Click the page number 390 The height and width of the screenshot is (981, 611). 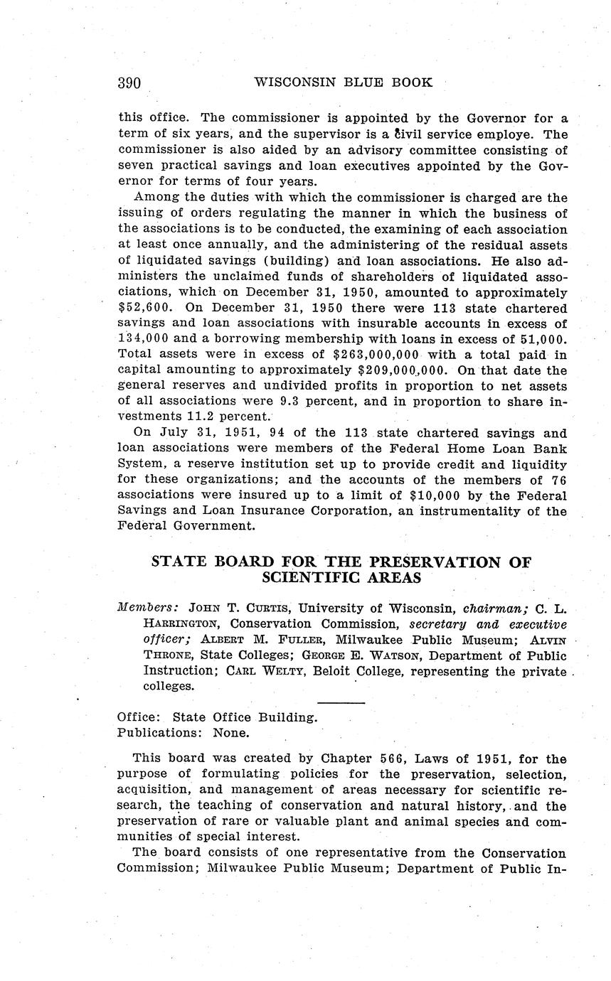(x=129, y=82)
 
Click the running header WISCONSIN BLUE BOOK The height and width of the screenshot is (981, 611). (x=343, y=82)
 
